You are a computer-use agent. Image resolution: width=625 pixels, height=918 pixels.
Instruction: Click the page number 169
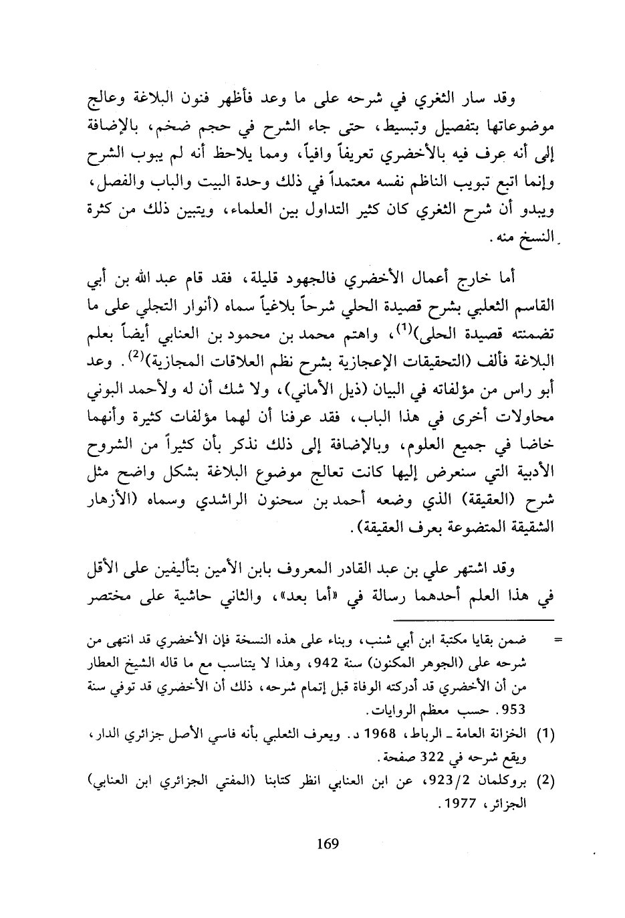tap(328, 844)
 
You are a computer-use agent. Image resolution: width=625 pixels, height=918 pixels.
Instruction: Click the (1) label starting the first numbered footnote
tap(547, 734)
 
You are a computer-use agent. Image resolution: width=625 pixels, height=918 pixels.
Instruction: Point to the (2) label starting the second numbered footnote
tap(547, 780)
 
